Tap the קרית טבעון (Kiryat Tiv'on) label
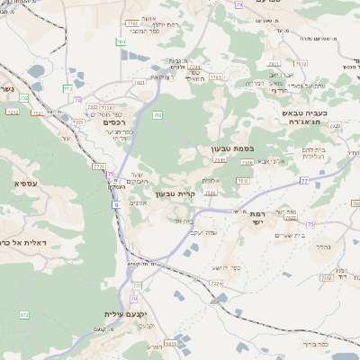(175, 193)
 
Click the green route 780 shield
(121, 42)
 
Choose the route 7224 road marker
(215, 283)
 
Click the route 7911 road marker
(274, 64)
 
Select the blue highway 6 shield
(115, 205)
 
